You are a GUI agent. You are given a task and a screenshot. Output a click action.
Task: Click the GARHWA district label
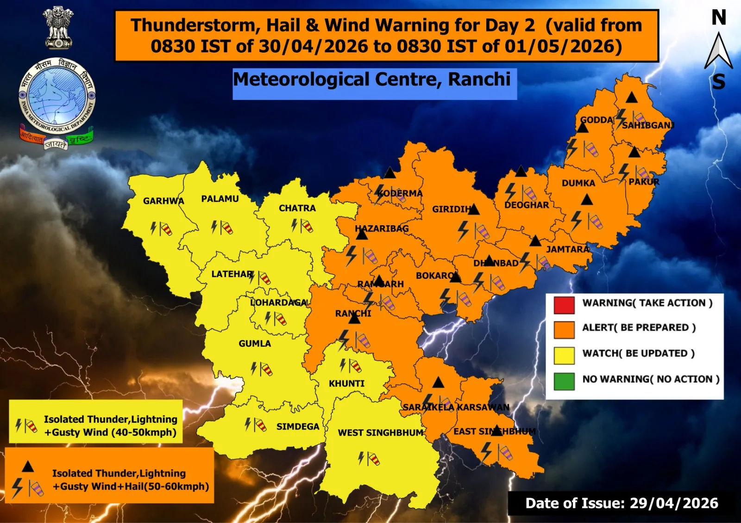(x=163, y=201)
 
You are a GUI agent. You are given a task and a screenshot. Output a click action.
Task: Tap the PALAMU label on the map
(x=220, y=199)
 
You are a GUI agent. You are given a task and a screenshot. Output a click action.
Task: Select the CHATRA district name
(x=297, y=209)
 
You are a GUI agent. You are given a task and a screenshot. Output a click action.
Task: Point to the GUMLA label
(x=255, y=344)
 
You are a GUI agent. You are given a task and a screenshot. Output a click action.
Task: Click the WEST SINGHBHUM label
(x=380, y=433)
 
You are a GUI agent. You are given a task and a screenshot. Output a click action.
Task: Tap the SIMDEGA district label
(x=298, y=426)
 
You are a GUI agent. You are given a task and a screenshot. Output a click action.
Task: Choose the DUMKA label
(x=578, y=183)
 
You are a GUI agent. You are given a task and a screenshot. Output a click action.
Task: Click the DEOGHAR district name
(x=527, y=205)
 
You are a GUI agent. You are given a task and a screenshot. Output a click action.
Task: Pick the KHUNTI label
(x=346, y=383)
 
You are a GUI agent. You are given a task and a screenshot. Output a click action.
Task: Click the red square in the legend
(x=564, y=305)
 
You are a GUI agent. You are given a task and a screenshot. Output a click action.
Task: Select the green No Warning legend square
(x=564, y=381)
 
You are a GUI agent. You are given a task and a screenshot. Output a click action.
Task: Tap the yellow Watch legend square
(x=564, y=355)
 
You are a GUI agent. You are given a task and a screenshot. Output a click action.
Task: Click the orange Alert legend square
(x=564, y=330)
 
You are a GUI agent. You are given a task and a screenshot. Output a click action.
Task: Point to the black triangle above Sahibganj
(x=632, y=98)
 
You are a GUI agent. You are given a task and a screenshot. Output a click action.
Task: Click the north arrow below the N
(x=718, y=51)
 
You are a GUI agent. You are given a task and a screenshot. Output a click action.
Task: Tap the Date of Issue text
(x=622, y=503)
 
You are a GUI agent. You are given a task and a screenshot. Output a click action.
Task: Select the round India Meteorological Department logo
(x=57, y=98)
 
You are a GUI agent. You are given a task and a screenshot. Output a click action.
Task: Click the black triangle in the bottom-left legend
(x=28, y=467)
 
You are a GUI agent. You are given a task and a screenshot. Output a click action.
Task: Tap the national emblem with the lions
(x=58, y=28)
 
